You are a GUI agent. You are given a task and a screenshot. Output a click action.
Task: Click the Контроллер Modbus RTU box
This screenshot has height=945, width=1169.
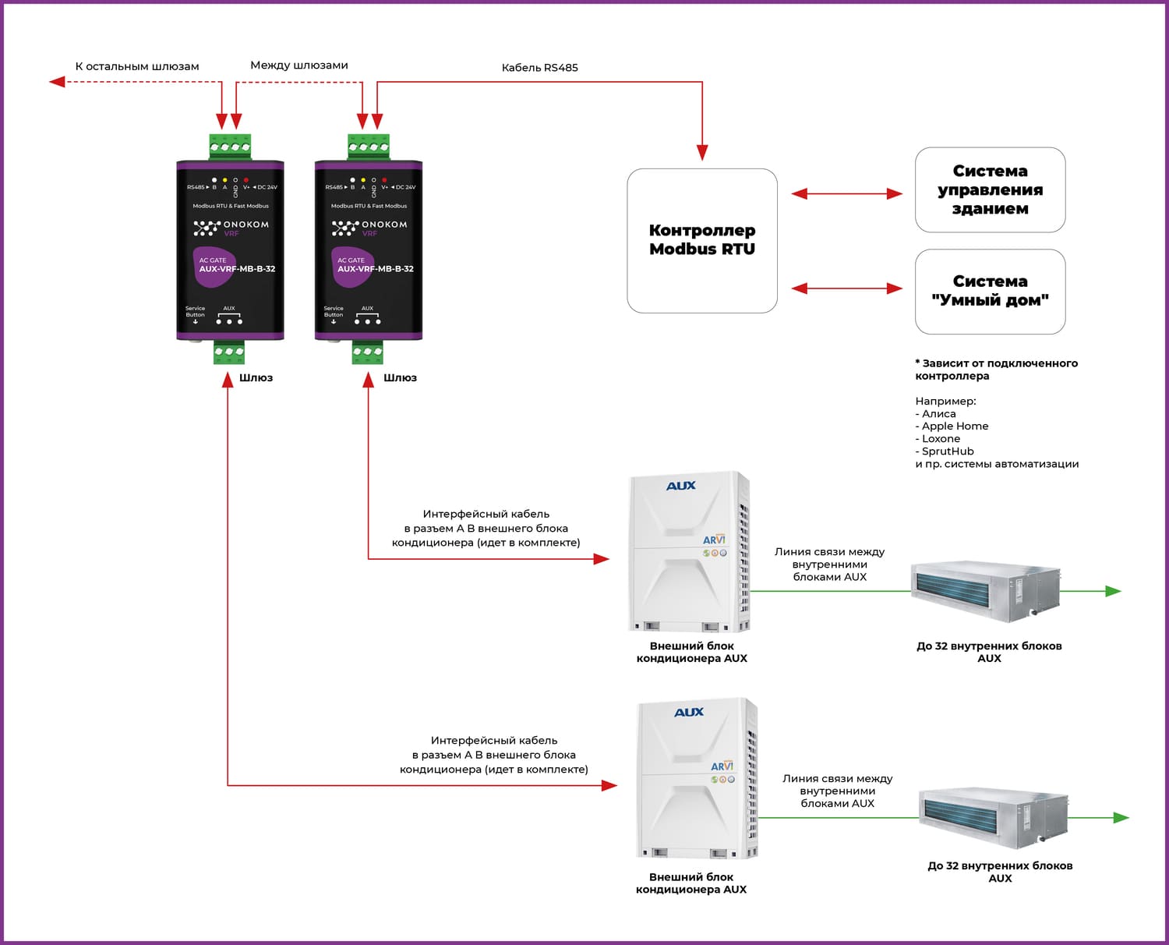pos(701,240)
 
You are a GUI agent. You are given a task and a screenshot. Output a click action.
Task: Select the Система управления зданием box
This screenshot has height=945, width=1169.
pos(990,189)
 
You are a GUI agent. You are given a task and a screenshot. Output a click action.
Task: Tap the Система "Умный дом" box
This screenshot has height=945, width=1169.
pos(990,291)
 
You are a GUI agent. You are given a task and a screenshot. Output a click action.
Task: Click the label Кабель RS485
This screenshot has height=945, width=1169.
pos(539,68)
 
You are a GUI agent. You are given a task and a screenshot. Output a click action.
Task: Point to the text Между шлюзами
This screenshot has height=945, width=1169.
pos(298,65)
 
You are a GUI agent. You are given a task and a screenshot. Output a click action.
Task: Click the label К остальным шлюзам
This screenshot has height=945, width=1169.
pos(136,66)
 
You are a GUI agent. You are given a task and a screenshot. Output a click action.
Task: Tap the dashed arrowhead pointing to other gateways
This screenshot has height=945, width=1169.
pos(56,81)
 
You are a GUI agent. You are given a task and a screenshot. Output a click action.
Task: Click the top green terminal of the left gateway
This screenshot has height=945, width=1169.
pos(230,147)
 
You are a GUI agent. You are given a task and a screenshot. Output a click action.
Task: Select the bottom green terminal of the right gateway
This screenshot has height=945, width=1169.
pos(367,352)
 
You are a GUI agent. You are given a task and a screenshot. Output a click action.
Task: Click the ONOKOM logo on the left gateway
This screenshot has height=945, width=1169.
pos(231,225)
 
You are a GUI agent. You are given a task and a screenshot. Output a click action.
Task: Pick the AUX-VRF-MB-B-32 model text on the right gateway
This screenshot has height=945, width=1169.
pos(375,269)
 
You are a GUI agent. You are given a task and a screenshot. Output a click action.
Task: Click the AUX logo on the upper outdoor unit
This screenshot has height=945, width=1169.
pos(680,486)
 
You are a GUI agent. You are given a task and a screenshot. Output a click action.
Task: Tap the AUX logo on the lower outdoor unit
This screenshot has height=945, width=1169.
pos(688,712)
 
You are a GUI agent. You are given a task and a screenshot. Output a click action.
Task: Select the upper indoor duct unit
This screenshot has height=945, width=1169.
pos(985,590)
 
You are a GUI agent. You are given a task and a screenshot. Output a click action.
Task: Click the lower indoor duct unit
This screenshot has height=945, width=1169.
pos(993,817)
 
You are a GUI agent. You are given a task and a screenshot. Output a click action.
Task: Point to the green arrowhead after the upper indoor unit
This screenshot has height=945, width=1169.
pos(1114,591)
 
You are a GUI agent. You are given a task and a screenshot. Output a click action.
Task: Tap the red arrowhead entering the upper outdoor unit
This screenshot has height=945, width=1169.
pos(602,558)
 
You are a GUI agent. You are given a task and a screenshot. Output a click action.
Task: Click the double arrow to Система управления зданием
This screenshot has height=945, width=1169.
pos(846,193)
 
